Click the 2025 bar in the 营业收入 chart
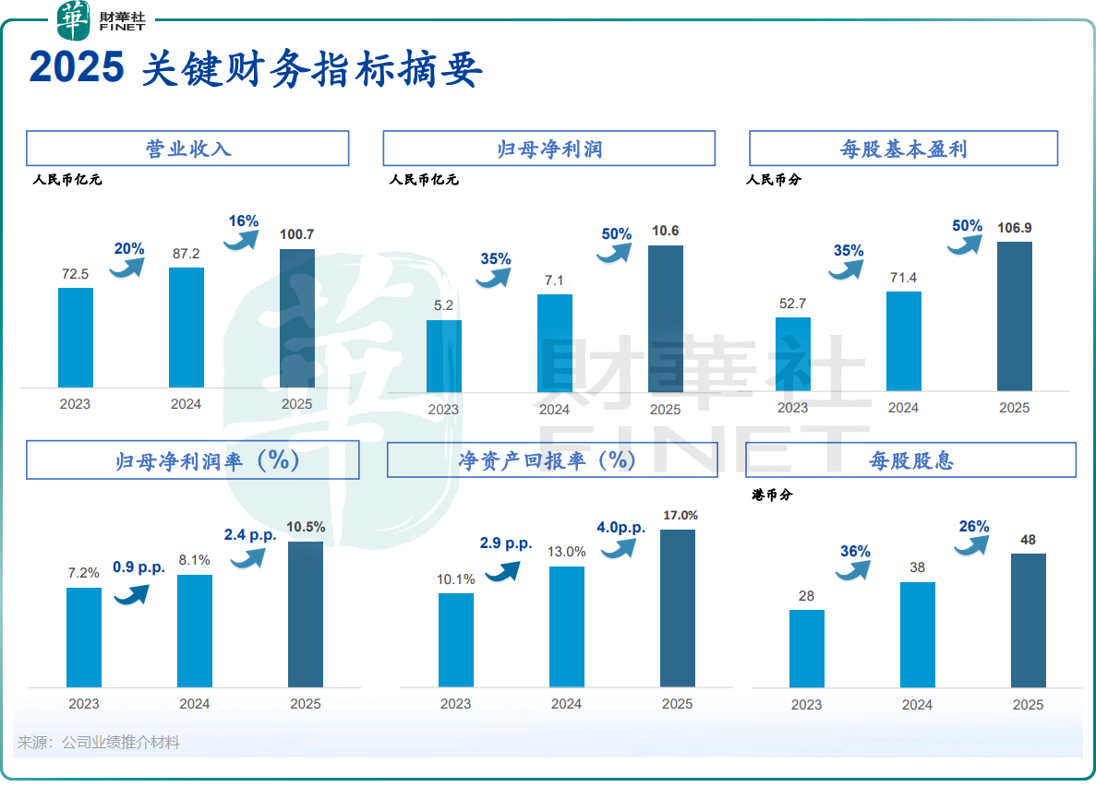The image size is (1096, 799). click(297, 318)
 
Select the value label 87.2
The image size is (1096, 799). click(186, 253)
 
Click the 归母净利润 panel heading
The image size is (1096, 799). click(548, 149)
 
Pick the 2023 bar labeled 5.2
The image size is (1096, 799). click(444, 356)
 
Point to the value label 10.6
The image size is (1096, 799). click(665, 232)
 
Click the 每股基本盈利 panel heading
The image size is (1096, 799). click(903, 149)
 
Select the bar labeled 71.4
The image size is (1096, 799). click(904, 341)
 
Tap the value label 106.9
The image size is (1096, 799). click(1015, 228)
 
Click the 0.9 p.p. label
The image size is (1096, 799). click(139, 567)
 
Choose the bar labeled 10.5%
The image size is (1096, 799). click(306, 614)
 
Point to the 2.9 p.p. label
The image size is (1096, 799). click(506, 543)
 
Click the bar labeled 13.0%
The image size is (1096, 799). click(567, 627)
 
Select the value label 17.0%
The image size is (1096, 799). click(680, 516)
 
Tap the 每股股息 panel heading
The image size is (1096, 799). click(910, 459)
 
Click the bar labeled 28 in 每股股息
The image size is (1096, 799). click(807, 649)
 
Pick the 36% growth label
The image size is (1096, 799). click(855, 552)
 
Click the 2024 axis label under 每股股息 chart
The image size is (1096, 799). click(917, 705)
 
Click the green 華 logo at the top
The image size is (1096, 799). click(74, 20)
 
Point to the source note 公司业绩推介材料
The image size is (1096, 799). click(120, 743)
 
